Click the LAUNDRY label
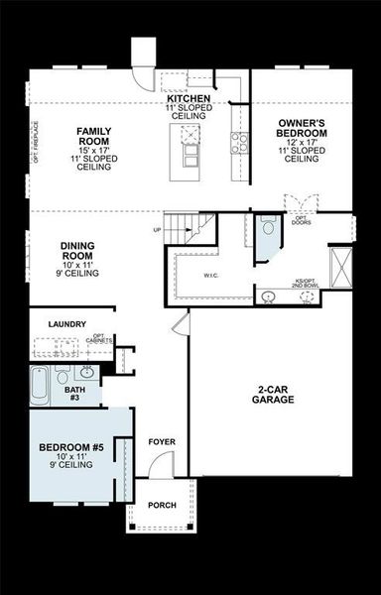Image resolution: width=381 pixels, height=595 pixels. (x=66, y=324)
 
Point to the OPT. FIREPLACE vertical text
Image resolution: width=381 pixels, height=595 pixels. (x=36, y=144)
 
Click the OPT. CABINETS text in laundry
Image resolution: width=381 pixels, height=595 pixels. (x=98, y=339)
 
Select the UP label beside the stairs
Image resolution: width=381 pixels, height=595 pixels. (x=156, y=230)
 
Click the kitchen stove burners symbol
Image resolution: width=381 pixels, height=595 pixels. (x=239, y=142)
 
